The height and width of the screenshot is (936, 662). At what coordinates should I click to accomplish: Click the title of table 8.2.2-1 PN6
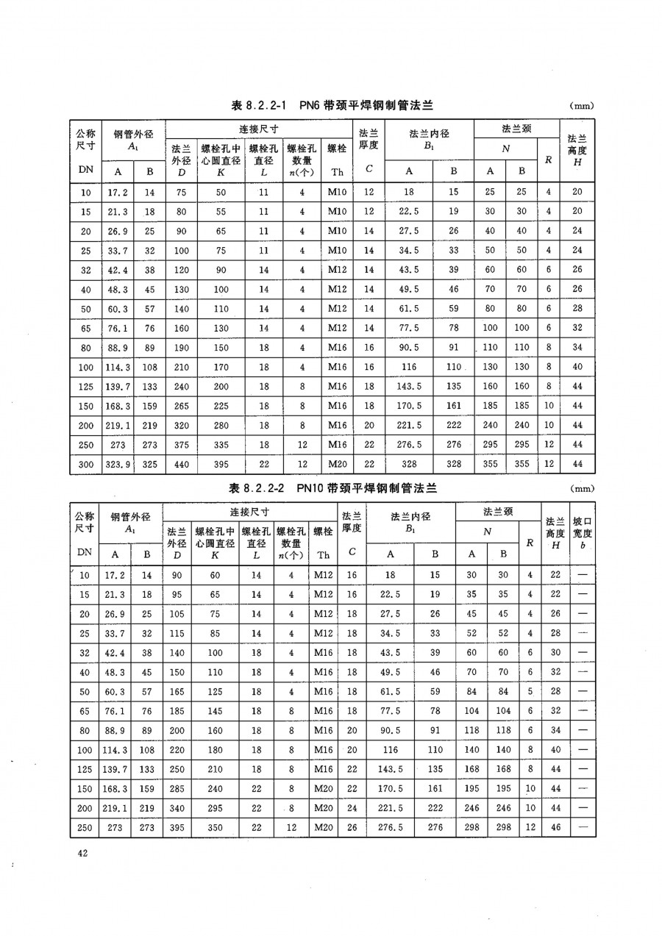[x=331, y=106]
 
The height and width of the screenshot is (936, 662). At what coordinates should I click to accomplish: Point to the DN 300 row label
[x=85, y=464]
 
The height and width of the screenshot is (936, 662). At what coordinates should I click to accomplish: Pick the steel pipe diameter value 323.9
[x=118, y=464]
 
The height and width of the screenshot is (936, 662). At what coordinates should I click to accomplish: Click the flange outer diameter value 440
[x=180, y=464]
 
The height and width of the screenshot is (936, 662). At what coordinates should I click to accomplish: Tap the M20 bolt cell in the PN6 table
[x=338, y=464]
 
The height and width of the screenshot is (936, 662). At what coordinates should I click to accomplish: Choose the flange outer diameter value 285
[x=177, y=788]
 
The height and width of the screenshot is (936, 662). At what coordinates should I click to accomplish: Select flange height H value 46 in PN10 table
[x=556, y=827]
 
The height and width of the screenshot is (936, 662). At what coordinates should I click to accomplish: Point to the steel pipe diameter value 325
[x=149, y=464]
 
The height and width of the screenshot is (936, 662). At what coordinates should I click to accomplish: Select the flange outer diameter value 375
[x=180, y=445]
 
